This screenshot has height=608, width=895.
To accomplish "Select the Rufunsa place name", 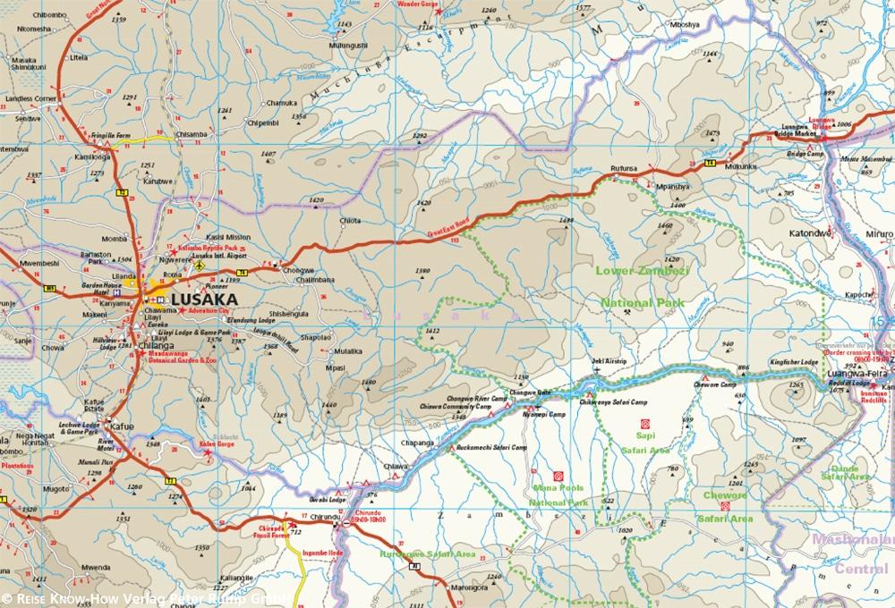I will tap(623, 167).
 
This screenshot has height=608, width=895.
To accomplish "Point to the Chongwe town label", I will tap(298, 269).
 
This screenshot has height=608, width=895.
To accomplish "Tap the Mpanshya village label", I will tap(672, 187).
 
